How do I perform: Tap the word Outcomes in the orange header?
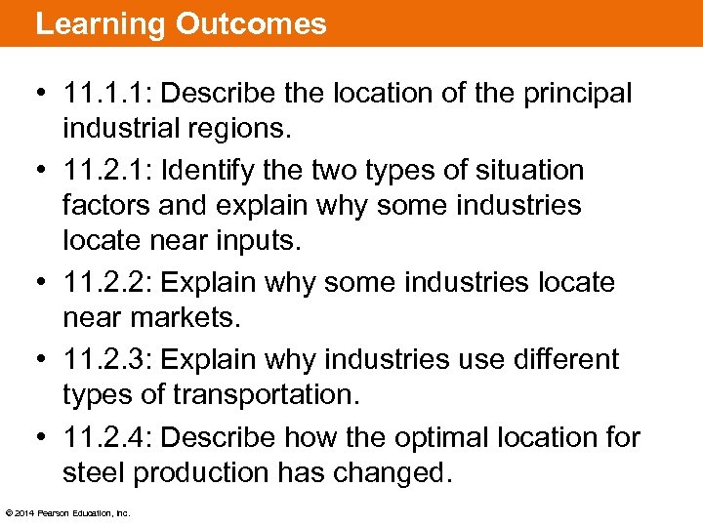pyautogui.click(x=251, y=24)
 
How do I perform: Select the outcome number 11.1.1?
pyautogui.click(x=103, y=94)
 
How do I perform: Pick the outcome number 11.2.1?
pyautogui.click(x=103, y=170)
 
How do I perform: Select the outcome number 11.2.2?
pyautogui.click(x=103, y=283)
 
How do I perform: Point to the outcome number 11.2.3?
pyautogui.click(x=103, y=358)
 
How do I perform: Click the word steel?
pyautogui.click(x=94, y=472)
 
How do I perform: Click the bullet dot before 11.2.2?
pyautogui.click(x=43, y=284)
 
